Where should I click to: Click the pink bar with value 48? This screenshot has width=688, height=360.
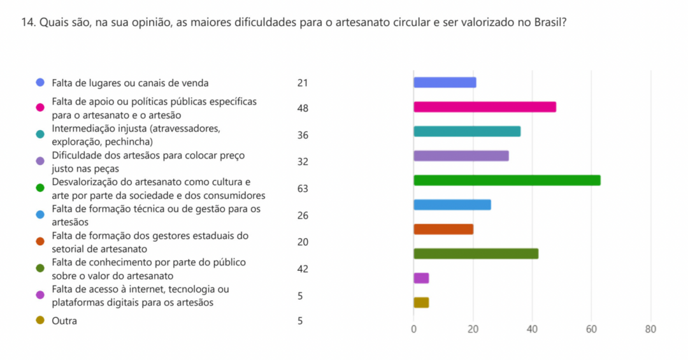(484, 107)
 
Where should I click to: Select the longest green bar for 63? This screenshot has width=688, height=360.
(506, 180)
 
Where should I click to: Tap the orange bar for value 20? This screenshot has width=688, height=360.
(443, 229)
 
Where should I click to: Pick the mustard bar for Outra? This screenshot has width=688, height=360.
(421, 303)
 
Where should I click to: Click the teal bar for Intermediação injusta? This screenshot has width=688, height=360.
(467, 131)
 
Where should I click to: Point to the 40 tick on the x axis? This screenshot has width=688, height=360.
(532, 329)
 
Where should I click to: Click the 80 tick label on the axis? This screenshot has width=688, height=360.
(650, 329)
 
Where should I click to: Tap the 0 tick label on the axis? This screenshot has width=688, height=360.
(413, 329)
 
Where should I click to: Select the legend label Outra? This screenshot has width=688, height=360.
(64, 321)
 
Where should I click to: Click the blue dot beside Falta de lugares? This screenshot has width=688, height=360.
(41, 83)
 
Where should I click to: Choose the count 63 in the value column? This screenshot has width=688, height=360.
(303, 189)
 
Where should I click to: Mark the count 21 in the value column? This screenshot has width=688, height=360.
(303, 83)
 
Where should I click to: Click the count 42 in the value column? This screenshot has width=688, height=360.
(303, 269)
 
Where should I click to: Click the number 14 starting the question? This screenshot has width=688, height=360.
(27, 22)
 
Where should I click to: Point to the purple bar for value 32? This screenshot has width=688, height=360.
(461, 156)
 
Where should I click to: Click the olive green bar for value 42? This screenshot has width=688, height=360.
(476, 254)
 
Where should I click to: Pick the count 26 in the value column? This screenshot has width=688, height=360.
(303, 215)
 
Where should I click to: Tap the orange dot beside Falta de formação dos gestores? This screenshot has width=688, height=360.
(41, 241)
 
